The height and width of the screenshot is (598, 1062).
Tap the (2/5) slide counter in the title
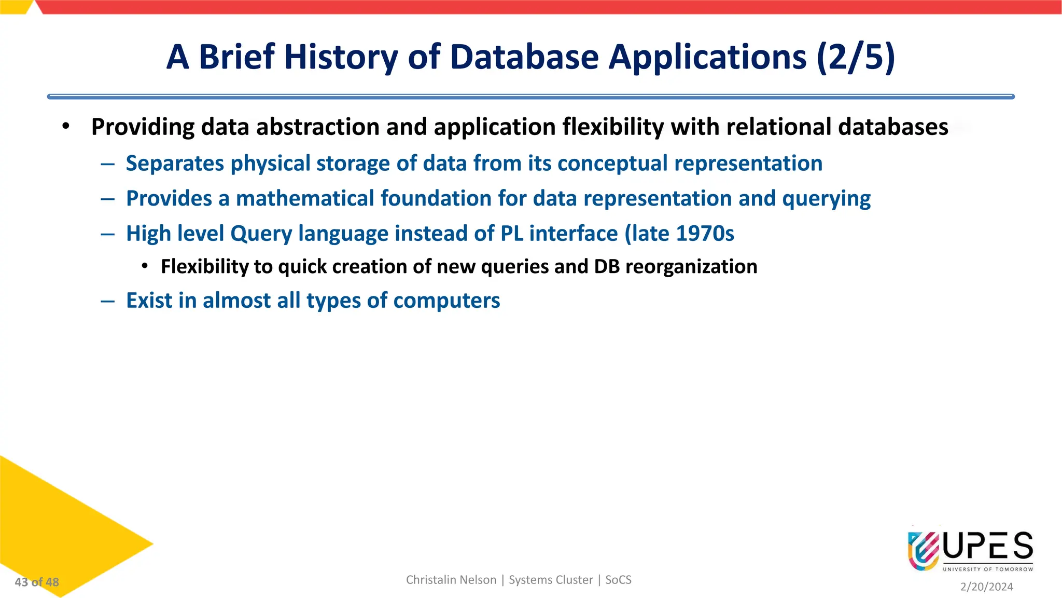(856, 57)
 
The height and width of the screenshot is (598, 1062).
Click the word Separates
(175, 164)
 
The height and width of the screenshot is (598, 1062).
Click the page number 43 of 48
(37, 582)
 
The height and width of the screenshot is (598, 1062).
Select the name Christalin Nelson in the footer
(451, 580)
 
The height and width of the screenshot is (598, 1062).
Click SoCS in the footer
(618, 580)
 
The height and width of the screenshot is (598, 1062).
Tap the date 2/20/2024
(986, 587)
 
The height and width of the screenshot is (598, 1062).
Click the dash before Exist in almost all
(108, 301)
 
